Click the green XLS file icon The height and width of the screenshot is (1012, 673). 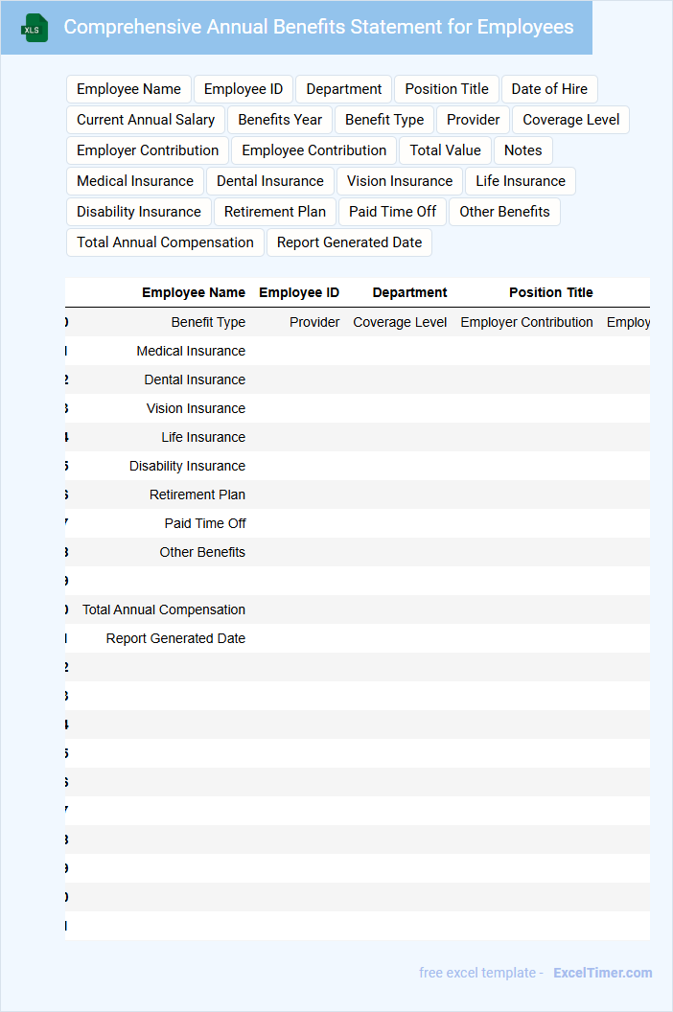coord(34,29)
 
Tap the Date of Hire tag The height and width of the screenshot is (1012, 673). coord(549,89)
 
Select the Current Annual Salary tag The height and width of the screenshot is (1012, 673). coord(146,120)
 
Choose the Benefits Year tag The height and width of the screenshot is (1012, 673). coord(280,120)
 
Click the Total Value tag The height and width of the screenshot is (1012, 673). coord(446,150)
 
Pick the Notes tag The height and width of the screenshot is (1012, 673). coord(522,150)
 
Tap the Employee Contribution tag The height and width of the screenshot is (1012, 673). coord(313,150)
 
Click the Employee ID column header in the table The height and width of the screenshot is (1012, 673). coord(299,292)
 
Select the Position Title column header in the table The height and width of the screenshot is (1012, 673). coord(550,292)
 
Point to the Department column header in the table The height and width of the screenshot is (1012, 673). coord(409,292)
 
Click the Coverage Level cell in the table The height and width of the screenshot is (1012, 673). coord(400,322)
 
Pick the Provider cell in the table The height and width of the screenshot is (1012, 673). coord(314,322)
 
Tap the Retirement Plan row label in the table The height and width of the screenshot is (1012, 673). coord(197,494)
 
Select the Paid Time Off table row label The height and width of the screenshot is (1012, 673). coord(205,523)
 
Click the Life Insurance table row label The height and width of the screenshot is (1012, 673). coord(203,437)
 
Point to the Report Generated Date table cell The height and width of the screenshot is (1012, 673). coord(175,638)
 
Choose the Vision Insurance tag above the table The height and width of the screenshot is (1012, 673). coord(400,181)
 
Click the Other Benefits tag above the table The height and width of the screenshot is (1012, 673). coord(504,212)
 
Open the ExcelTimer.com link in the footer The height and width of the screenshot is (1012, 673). coord(602,973)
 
